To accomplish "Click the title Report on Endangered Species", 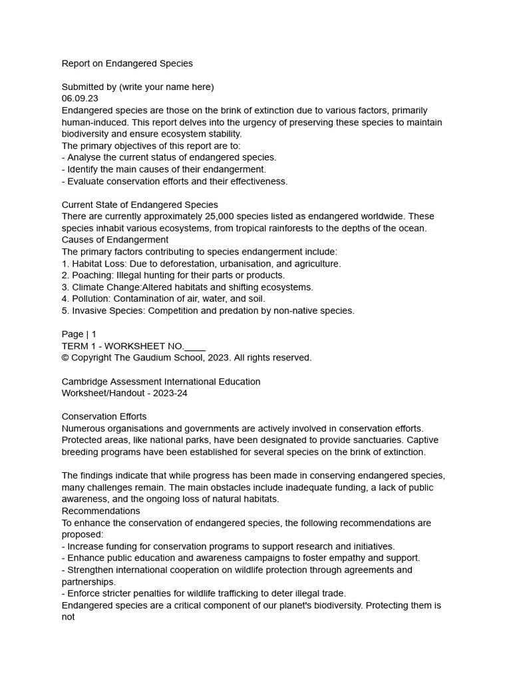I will (127, 64).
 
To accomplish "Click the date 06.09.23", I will (80, 99).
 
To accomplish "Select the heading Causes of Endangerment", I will (115, 240).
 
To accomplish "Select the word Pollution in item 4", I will (90, 299).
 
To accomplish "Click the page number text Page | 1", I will (79, 334).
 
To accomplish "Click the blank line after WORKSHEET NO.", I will (194, 346).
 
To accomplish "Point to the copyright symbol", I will (65, 358).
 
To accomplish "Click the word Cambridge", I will (84, 382).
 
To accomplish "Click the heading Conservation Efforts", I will (104, 417).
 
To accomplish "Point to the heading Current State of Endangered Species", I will (140, 204).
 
